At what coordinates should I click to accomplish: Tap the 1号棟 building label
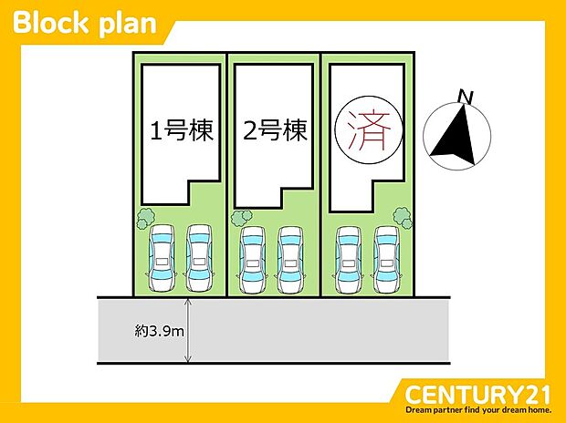tap(181, 132)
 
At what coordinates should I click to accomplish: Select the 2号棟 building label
tap(276, 132)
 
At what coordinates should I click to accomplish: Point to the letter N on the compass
tap(466, 96)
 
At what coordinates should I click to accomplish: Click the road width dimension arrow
tap(188, 330)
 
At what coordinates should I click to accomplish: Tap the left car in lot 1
tap(161, 258)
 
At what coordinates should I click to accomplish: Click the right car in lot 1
tap(199, 258)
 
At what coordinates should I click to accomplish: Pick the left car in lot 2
tap(254, 260)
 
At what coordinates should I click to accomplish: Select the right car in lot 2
tap(291, 260)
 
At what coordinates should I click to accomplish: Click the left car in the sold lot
tap(349, 260)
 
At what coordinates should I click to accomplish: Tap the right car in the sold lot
tap(386, 260)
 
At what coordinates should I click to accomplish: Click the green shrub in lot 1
tap(145, 218)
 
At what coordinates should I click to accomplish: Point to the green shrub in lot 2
tap(241, 218)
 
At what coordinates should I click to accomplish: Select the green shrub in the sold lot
tap(402, 216)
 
